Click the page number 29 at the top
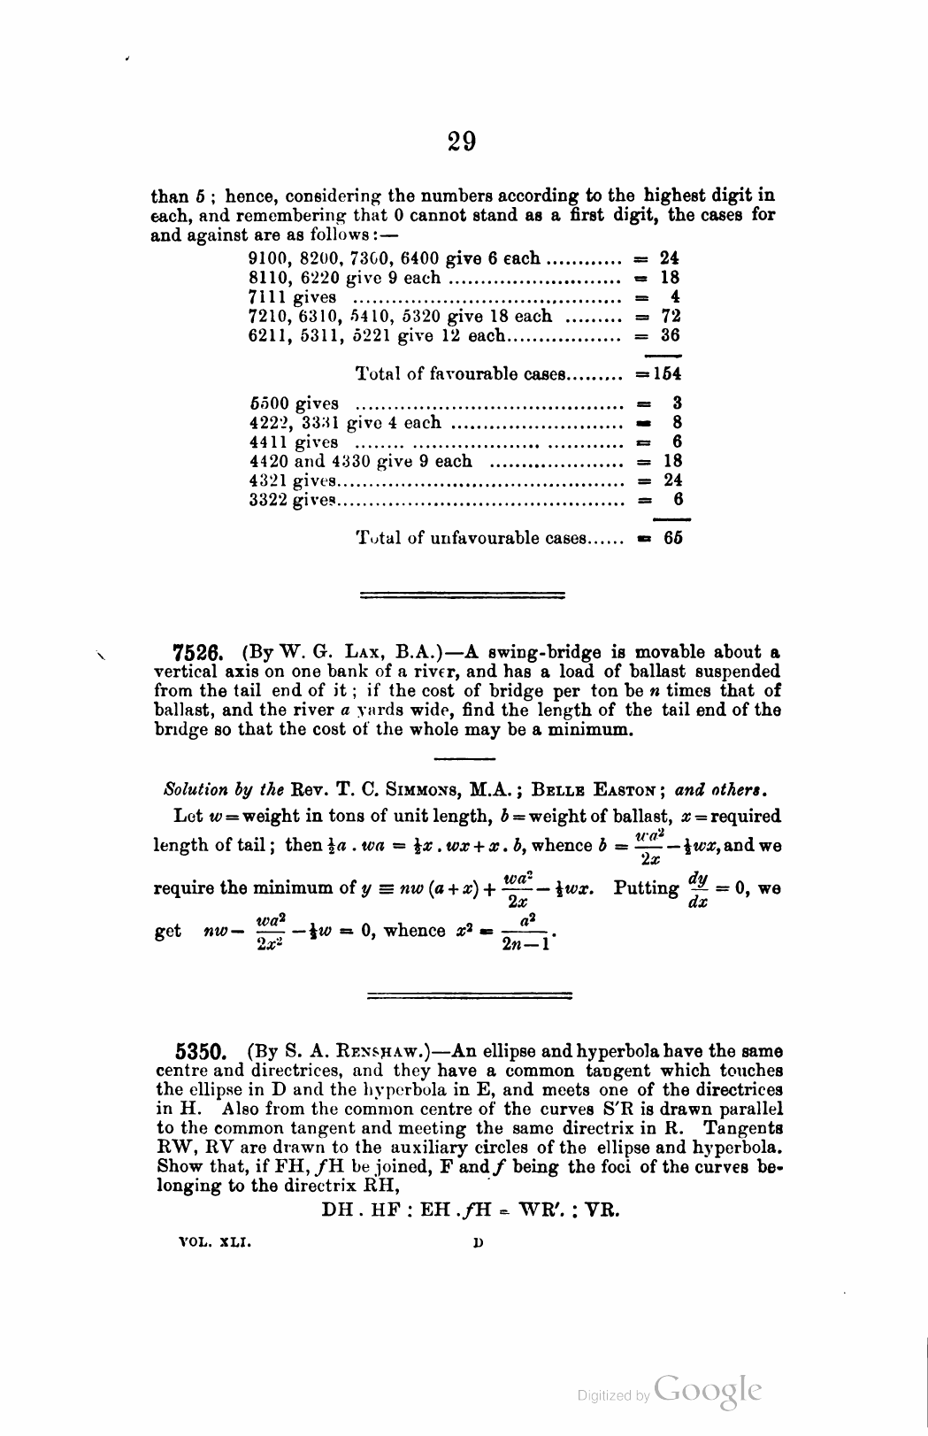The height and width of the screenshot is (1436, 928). point(462,141)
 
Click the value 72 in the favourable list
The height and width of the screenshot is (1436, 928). point(671,316)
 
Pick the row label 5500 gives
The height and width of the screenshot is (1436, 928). point(294,403)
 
